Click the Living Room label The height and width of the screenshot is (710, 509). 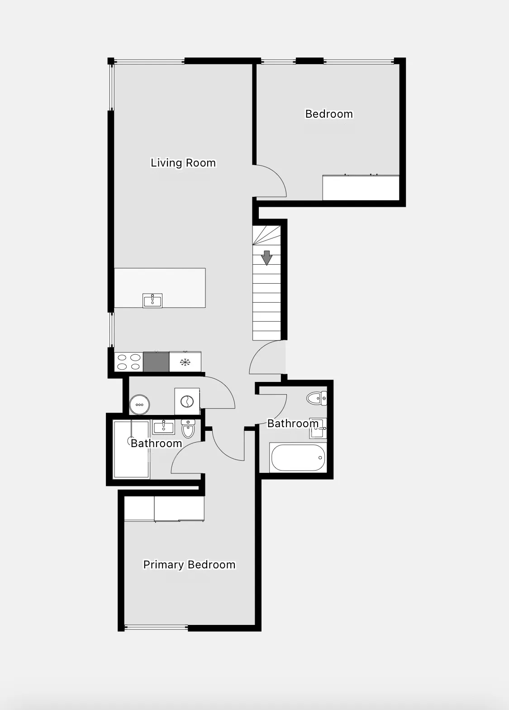[x=183, y=163]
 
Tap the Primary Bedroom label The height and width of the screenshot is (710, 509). [x=189, y=565]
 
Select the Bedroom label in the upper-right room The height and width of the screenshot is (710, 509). [x=329, y=114]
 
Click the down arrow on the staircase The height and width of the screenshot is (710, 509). [x=267, y=257]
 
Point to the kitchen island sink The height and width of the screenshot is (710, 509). [x=152, y=300]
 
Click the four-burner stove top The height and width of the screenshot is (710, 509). [x=128, y=362]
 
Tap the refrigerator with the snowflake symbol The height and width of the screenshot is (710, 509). [x=185, y=362]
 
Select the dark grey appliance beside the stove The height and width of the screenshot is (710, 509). [x=156, y=362]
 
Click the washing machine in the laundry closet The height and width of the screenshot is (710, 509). [x=187, y=401]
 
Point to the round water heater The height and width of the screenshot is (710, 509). [x=139, y=405]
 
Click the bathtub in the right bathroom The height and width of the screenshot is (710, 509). [x=298, y=458]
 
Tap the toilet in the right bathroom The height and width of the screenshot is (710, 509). [x=317, y=399]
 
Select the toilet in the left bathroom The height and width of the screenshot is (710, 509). [x=188, y=428]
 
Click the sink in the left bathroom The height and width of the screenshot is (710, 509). [x=163, y=427]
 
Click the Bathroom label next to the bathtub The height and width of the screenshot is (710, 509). [x=293, y=424]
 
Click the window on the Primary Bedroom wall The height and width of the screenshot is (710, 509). [x=156, y=627]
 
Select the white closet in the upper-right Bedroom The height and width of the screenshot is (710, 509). [x=361, y=188]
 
